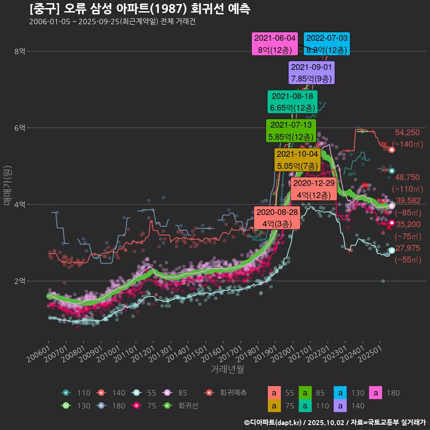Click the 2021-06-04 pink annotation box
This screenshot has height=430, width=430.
[x=275, y=44]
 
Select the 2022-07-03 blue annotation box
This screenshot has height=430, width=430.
[x=327, y=44]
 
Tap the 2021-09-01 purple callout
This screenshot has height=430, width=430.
[x=312, y=73]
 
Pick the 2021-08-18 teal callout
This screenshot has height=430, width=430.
[x=292, y=102]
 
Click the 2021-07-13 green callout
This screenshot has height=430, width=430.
[x=291, y=131]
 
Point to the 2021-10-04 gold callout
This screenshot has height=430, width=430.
[x=297, y=160]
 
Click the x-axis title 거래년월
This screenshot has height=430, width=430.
[x=227, y=370]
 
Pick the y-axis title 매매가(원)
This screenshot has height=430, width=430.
[x=7, y=185]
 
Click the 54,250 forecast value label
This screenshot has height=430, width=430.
[x=407, y=133]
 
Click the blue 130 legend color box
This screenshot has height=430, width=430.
[x=341, y=393]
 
